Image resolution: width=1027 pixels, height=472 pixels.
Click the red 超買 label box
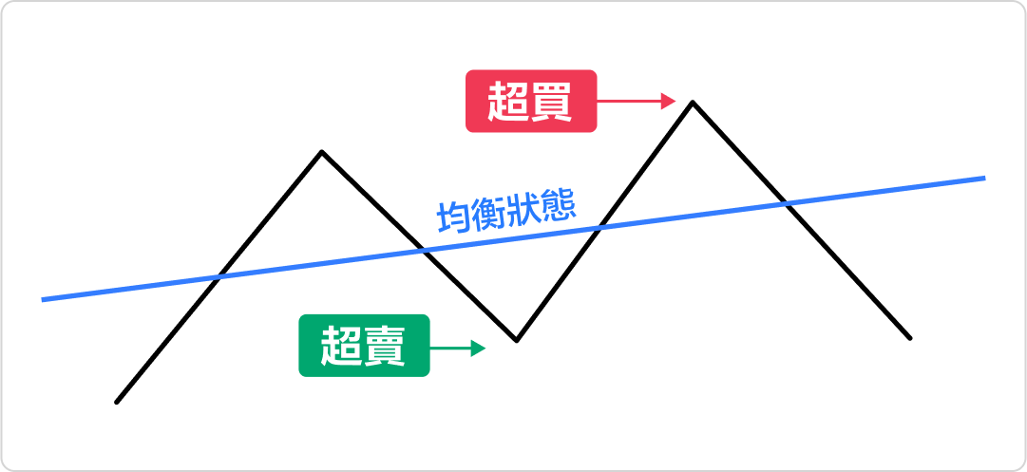pyautogui.click(x=530, y=100)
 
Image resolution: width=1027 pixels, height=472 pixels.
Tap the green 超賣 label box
pyautogui.click(x=364, y=346)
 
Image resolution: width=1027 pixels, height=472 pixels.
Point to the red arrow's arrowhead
pyautogui.click(x=669, y=100)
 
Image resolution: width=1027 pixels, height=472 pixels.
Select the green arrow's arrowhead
pyautogui.click(x=479, y=349)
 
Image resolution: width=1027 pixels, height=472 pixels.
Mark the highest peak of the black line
pyautogui.click(x=693, y=102)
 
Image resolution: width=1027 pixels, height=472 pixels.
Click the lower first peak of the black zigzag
pyautogui.click(x=322, y=151)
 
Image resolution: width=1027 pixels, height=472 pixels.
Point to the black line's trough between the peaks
pyautogui.click(x=516, y=339)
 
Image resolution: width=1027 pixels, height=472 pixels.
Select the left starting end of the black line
pyautogui.click(x=117, y=402)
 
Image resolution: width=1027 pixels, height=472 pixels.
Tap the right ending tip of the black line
pyautogui.click(x=910, y=337)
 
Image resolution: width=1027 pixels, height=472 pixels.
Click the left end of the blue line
pyautogui.click(x=44, y=300)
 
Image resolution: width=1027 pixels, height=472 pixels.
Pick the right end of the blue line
pyautogui.click(x=984, y=178)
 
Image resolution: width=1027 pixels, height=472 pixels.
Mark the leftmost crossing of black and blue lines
pyautogui.click(x=219, y=277)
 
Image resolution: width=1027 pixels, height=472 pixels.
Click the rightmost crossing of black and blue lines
pyautogui.click(x=785, y=203)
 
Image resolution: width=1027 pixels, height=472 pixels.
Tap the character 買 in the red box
pyautogui.click(x=552, y=100)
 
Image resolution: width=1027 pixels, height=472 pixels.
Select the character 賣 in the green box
pyautogui.click(x=385, y=346)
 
